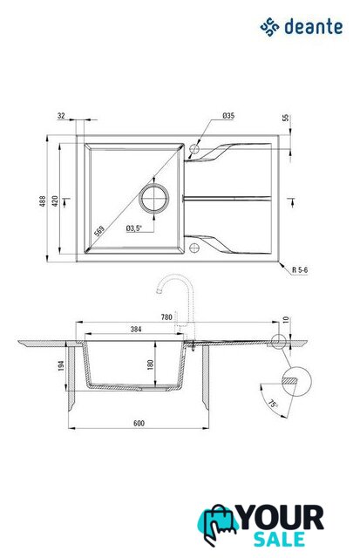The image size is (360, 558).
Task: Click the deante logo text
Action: (314, 27)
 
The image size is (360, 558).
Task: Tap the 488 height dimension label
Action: (43, 201)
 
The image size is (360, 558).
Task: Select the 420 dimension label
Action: (55, 201)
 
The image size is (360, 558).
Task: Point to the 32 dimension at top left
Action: (61, 116)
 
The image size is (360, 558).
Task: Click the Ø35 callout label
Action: (228, 116)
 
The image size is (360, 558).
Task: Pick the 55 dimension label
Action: (286, 119)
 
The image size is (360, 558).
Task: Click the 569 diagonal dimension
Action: (99, 231)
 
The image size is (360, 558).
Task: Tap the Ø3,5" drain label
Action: (133, 228)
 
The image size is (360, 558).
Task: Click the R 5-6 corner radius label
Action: (300, 270)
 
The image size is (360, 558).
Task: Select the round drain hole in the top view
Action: (154, 198)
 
